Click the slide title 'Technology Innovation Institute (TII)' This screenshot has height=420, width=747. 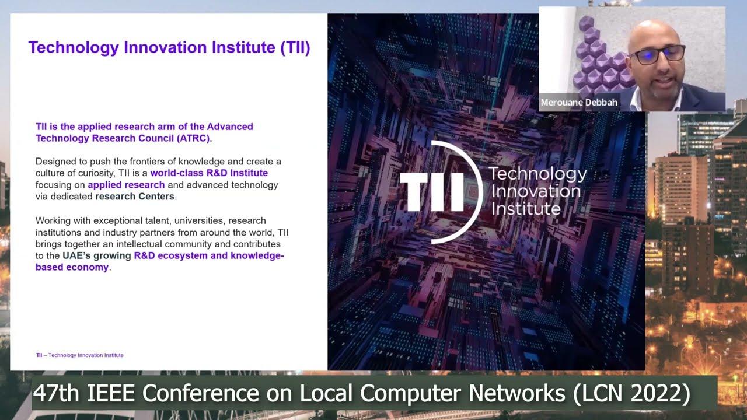169,47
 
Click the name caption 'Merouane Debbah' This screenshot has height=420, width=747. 579,103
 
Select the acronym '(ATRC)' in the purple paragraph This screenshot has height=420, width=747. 193,138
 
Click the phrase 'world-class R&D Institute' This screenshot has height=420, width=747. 209,173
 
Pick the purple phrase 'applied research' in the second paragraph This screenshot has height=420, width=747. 126,185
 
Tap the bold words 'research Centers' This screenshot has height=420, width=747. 135,197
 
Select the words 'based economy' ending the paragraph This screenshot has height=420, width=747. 72,267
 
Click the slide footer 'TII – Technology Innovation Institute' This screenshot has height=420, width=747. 79,355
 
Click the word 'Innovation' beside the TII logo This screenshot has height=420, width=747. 535,191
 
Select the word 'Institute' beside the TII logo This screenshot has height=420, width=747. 526,208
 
